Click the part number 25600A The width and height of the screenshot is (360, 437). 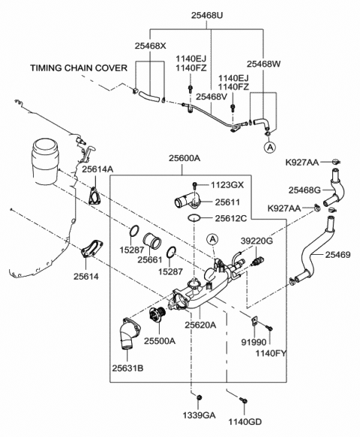(184, 158)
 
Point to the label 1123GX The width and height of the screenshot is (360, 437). (227, 184)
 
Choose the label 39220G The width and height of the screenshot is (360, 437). (256, 241)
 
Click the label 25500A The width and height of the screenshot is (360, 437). (160, 340)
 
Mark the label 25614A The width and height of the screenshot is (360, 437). (97, 170)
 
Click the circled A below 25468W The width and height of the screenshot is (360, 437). (268, 148)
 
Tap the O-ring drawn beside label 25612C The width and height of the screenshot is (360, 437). (193, 218)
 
